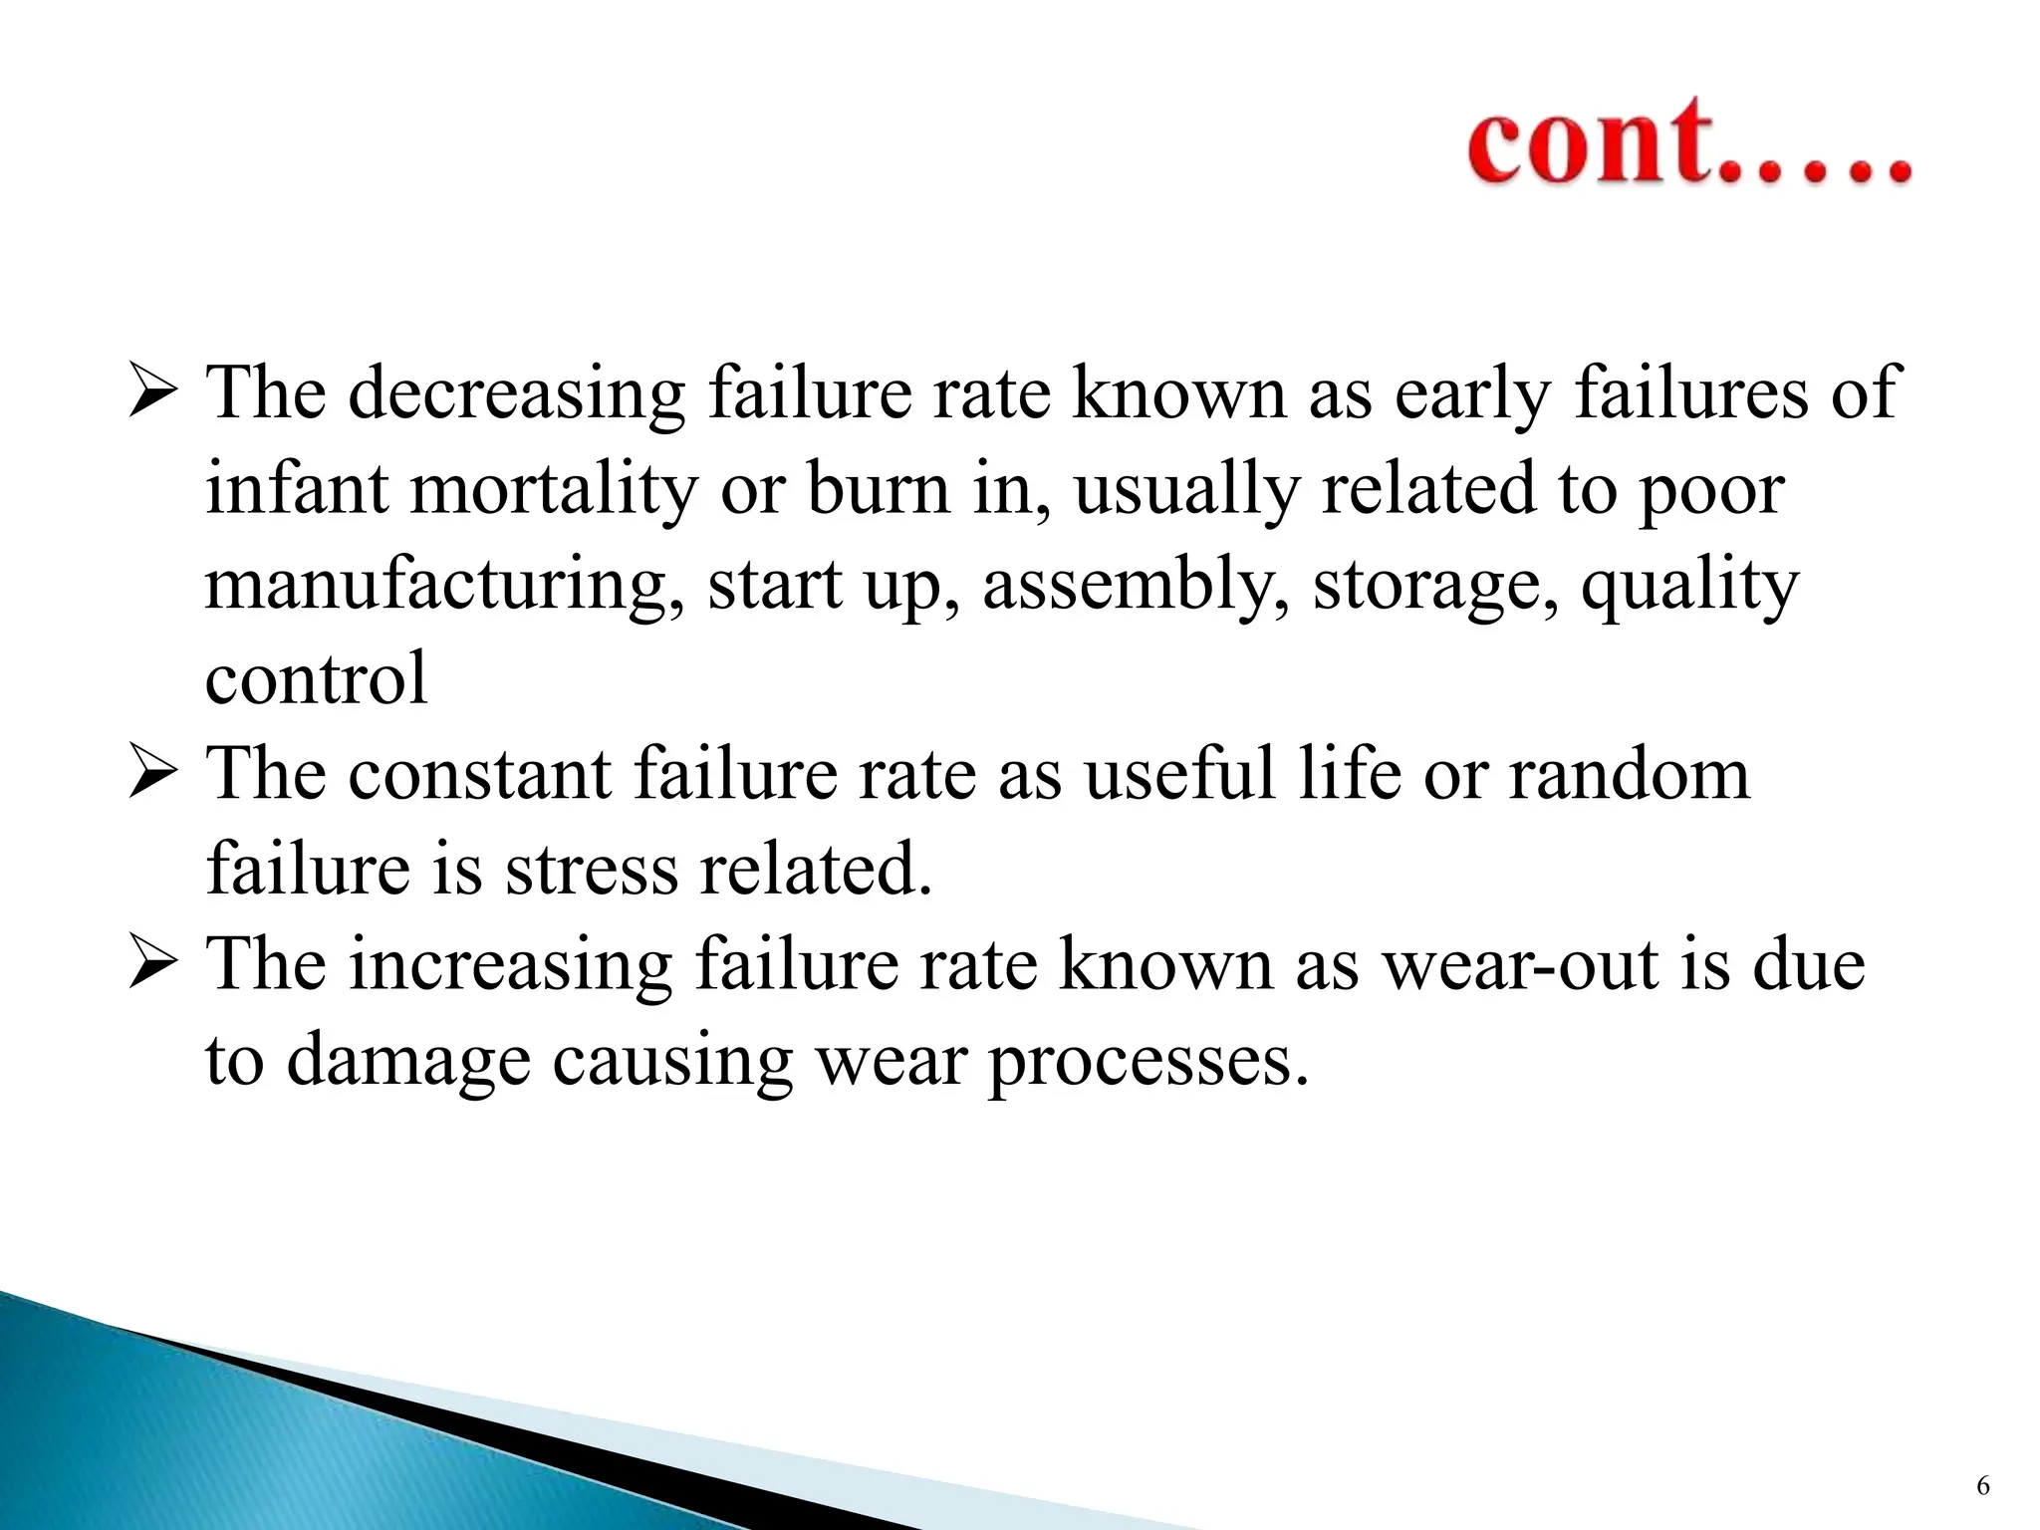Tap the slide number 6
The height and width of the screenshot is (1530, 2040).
[x=1982, y=1486]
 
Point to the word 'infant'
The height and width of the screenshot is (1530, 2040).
[x=296, y=489]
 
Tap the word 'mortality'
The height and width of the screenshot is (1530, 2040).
[x=554, y=491]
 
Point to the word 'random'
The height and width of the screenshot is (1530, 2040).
[x=1629, y=775]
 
